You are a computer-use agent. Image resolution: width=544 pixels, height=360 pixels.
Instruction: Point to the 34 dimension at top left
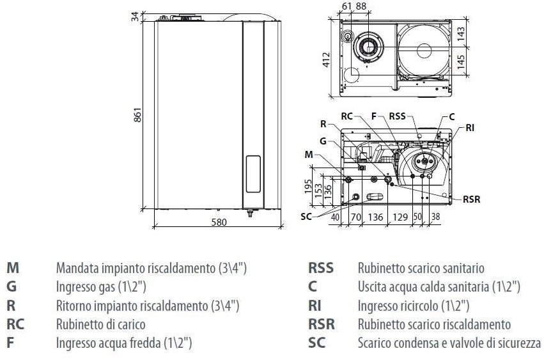tap(136, 17)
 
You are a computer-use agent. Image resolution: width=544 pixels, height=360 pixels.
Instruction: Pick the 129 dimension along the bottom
tap(400, 217)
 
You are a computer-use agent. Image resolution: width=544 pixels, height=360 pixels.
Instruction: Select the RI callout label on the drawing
tap(470, 128)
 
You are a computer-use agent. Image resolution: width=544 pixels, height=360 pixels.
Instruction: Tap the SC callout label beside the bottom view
tap(306, 216)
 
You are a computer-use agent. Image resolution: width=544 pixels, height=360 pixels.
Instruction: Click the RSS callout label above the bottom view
tap(397, 117)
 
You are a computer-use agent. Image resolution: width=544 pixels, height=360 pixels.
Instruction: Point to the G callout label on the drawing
tap(323, 140)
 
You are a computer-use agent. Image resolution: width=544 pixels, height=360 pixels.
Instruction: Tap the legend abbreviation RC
tap(15, 324)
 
